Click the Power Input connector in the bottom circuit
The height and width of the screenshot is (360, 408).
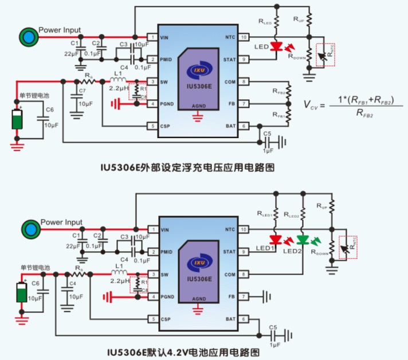[x=29, y=230]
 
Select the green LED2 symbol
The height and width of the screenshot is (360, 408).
[x=303, y=240]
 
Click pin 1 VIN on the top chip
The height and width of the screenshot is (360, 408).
[x=151, y=37]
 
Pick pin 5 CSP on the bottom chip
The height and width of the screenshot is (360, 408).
[x=151, y=319]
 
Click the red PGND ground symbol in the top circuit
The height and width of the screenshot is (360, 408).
[x=115, y=104]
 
